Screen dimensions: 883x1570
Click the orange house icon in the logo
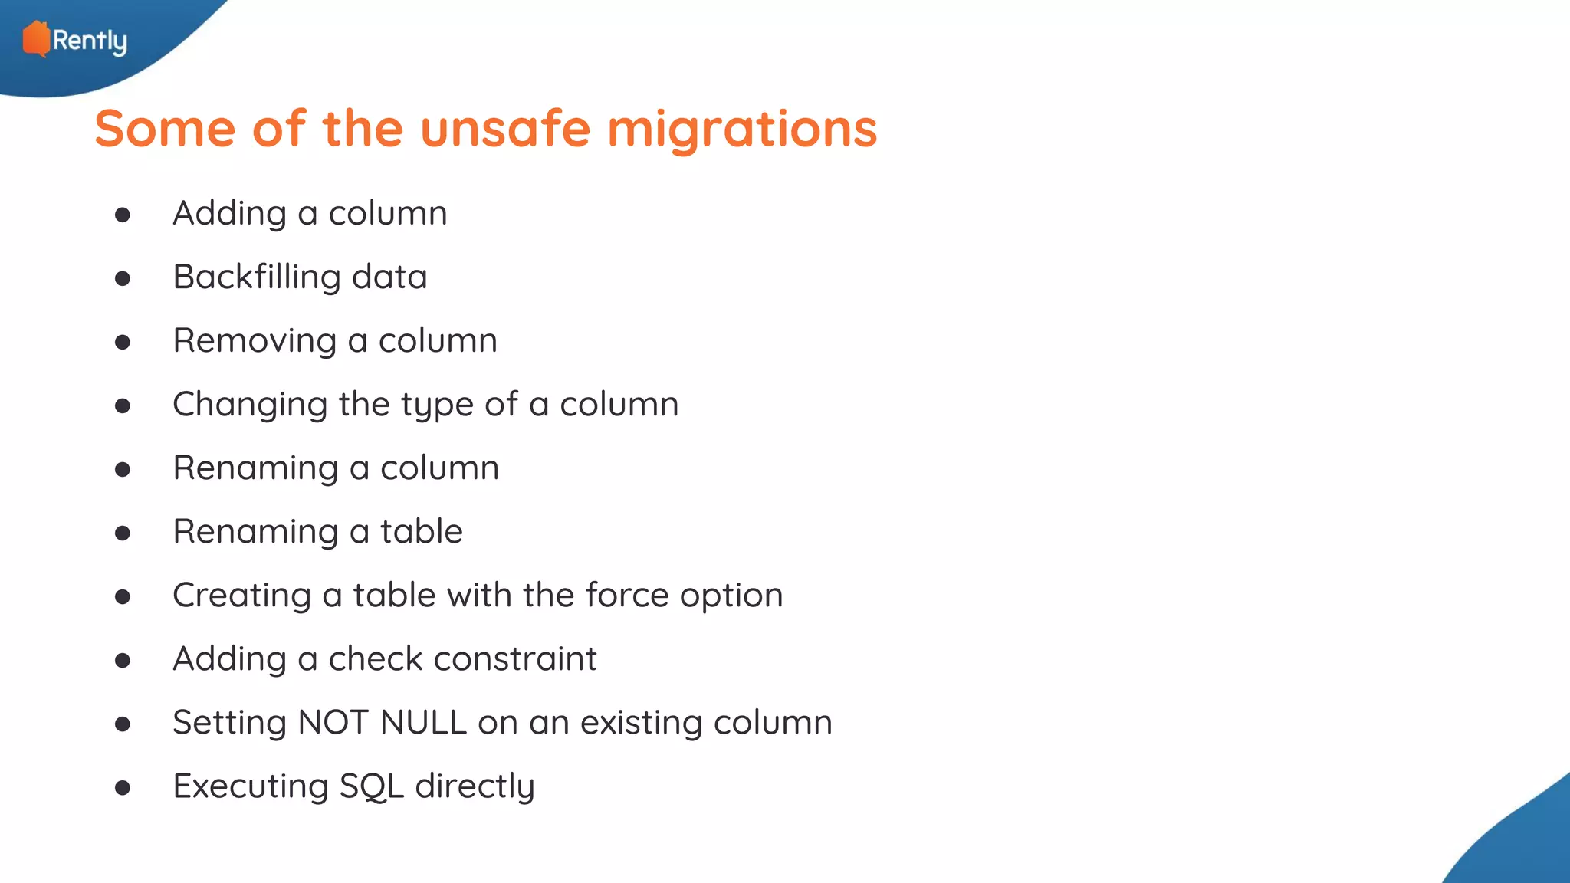point(36,39)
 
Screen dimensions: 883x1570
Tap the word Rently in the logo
point(90,41)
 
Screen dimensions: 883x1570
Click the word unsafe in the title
point(505,128)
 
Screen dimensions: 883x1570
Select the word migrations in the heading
point(742,128)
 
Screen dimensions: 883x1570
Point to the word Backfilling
point(257,277)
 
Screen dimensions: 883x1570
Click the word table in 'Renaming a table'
point(422,531)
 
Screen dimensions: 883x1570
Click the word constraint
point(515,658)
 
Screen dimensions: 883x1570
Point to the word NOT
point(333,722)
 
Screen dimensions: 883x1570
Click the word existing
point(642,723)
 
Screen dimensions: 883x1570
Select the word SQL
point(371,786)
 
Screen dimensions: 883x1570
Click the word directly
point(475,786)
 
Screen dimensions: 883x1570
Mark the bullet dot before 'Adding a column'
point(123,215)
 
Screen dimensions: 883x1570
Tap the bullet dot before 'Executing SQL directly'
point(123,788)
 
